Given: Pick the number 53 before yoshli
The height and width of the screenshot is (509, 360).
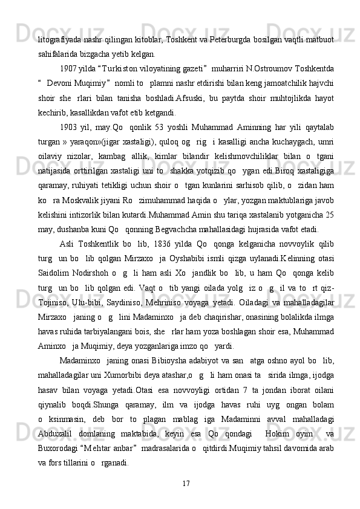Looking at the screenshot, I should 162,128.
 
